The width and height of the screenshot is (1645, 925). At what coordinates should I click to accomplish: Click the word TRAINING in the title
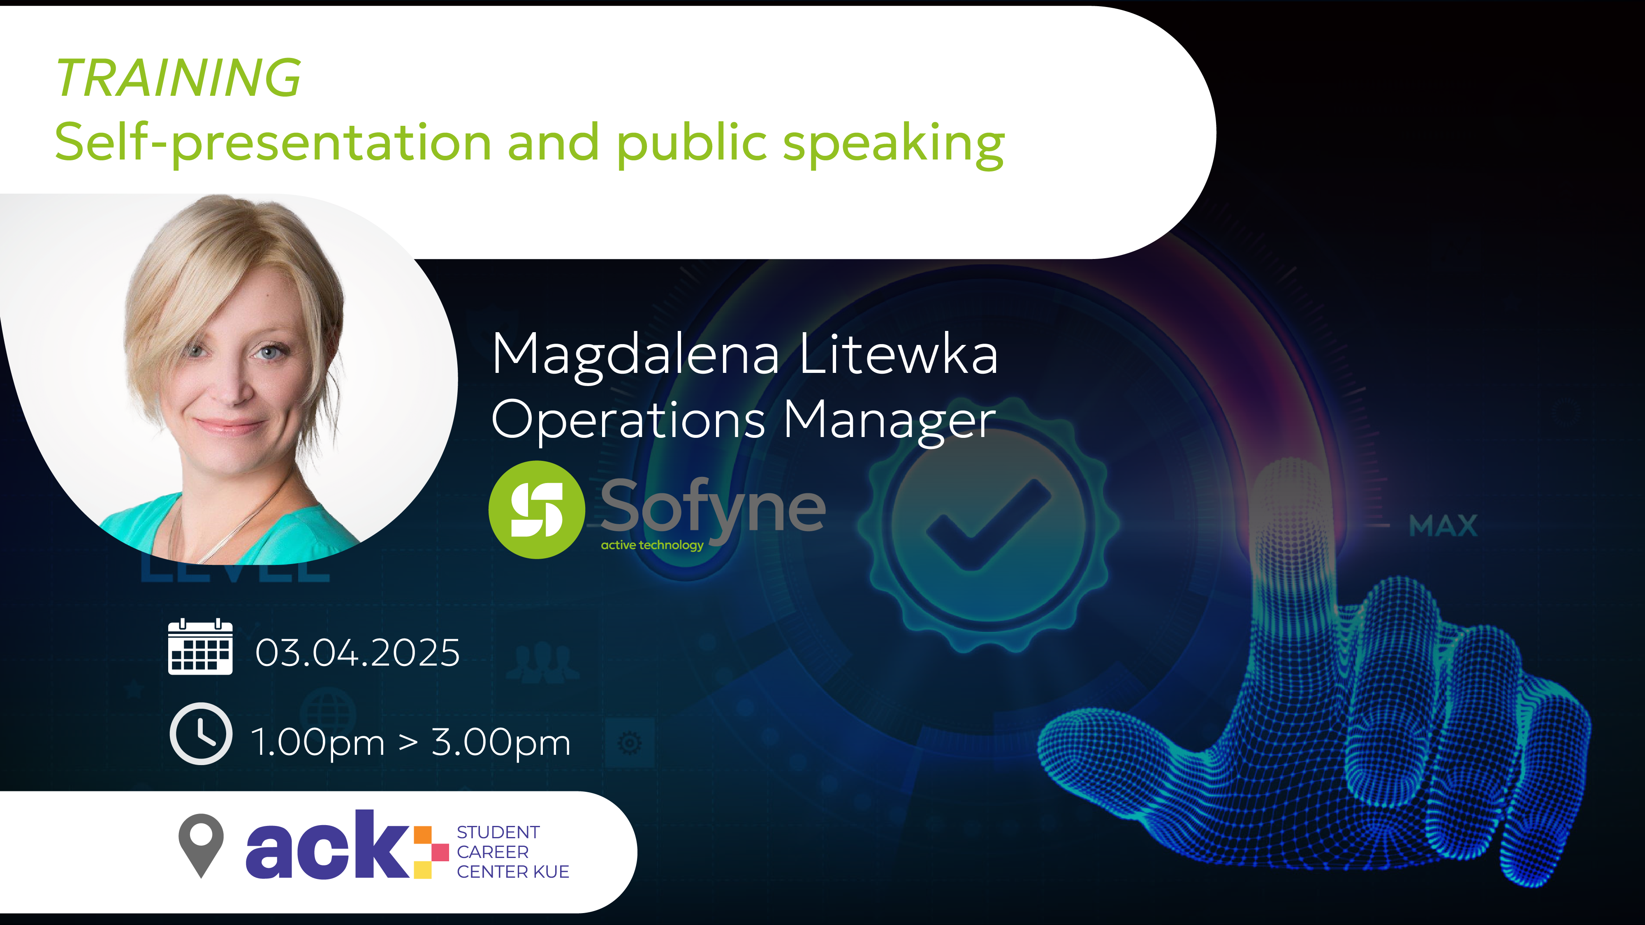click(178, 78)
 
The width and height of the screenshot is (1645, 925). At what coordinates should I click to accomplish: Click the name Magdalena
click(635, 356)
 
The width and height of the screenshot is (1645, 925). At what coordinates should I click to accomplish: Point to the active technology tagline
click(652, 545)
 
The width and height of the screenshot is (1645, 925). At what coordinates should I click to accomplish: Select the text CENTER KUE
click(513, 872)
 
